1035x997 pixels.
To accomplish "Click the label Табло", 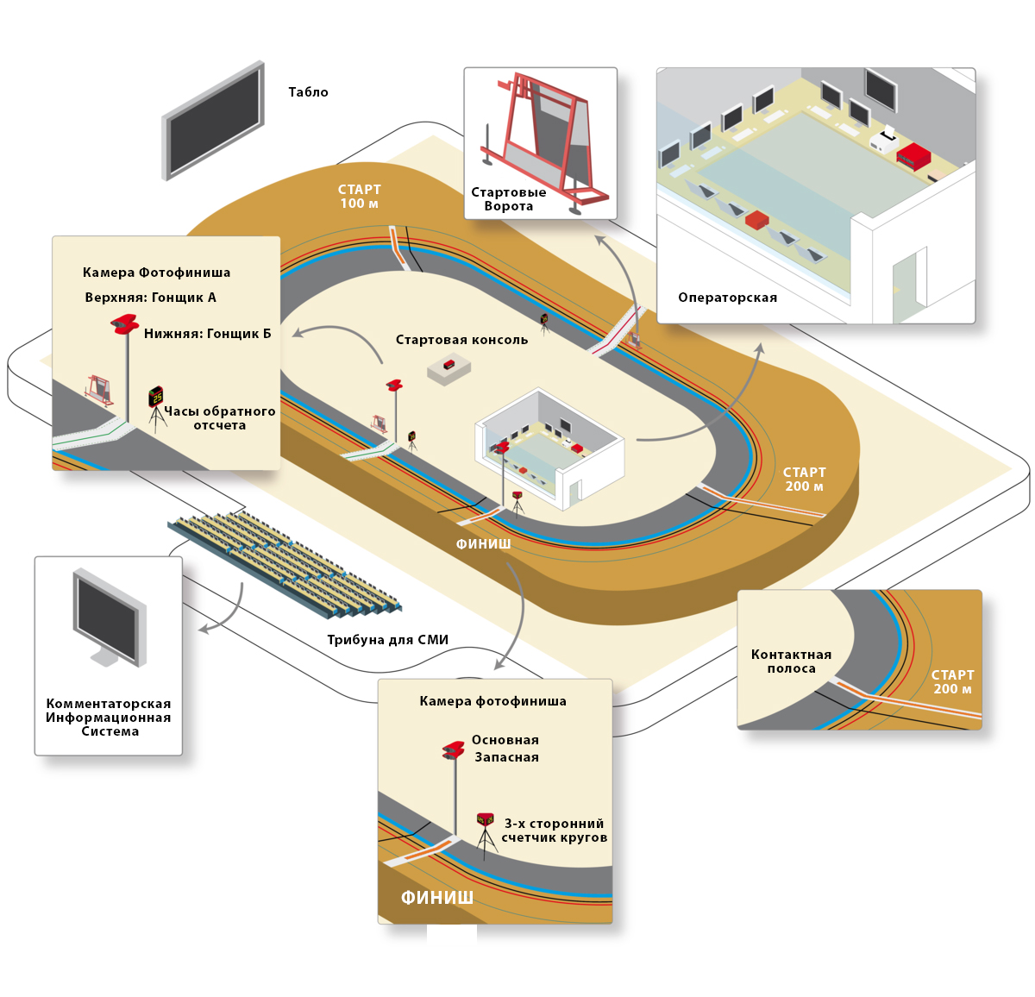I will tap(308, 92).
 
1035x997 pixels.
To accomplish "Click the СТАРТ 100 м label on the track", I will tap(359, 197).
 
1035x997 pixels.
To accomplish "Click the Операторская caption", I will tap(727, 298).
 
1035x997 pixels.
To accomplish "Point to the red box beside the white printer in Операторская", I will tap(913, 156).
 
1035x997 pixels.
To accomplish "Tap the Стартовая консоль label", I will tap(461, 340).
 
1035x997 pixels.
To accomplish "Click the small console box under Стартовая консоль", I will tap(449, 368).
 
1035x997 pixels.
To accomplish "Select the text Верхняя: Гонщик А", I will tap(150, 298).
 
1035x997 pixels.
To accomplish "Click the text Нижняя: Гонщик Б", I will tap(207, 334).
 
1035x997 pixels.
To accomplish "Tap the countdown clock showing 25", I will tap(156, 397).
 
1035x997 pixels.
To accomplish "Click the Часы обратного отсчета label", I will tap(220, 418).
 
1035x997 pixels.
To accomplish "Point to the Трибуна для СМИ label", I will tap(387, 640).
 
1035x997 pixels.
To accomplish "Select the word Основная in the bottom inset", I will tap(505, 740).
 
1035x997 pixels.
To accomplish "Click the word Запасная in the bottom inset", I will tap(506, 757).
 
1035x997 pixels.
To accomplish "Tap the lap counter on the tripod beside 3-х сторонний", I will tap(486, 820).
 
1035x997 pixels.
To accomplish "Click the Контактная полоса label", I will tap(791, 662).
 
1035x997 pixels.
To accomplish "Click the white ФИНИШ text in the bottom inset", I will tap(436, 898).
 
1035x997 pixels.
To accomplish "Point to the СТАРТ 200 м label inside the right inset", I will tap(952, 682).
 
